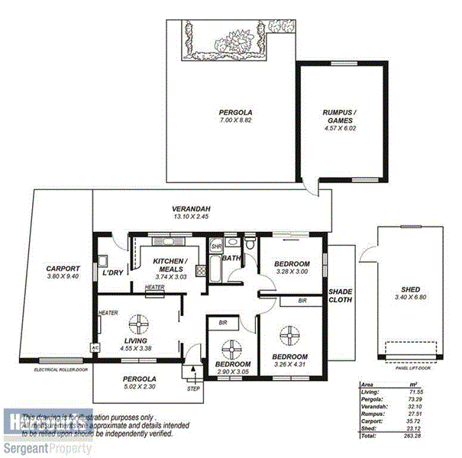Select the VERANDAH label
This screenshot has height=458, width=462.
pyautogui.click(x=191, y=209)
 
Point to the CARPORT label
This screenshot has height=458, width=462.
pyautogui.click(x=63, y=269)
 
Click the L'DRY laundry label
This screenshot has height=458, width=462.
pyautogui.click(x=114, y=273)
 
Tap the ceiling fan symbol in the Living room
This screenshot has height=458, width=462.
pyautogui.click(x=140, y=324)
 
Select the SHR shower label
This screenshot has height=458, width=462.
pyautogui.click(x=216, y=247)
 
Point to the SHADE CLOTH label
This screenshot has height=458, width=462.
pyautogui.click(x=340, y=295)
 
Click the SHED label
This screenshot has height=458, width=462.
pyautogui.click(x=410, y=289)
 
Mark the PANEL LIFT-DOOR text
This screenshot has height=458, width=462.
pyautogui.click(x=413, y=368)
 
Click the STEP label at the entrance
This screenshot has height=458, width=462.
pyautogui.click(x=193, y=389)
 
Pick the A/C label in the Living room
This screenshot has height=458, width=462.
pyautogui.click(x=95, y=347)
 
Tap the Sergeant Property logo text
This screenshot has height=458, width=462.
pyautogui.click(x=46, y=448)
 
